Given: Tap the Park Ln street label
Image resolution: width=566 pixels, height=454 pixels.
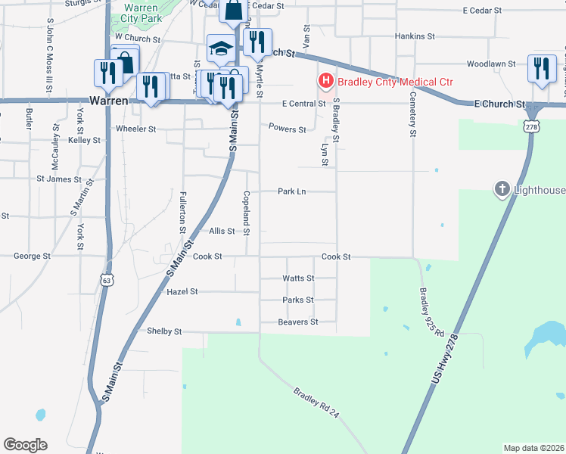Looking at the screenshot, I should pyautogui.click(x=291, y=192).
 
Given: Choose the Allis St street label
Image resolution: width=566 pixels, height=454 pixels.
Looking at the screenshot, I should pyautogui.click(x=222, y=231).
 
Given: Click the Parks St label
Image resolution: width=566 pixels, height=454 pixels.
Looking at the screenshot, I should pyautogui.click(x=297, y=300).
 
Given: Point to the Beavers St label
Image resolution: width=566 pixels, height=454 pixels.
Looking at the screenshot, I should pyautogui.click(x=297, y=322).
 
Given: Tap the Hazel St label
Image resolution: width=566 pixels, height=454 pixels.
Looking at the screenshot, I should pyautogui.click(x=182, y=291).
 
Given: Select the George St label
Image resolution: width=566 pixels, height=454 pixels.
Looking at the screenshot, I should pyautogui.click(x=32, y=257).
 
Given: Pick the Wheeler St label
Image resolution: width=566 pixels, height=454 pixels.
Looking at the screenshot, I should pyautogui.click(x=135, y=129).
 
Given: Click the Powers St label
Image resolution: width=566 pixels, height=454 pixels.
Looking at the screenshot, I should pyautogui.click(x=288, y=129).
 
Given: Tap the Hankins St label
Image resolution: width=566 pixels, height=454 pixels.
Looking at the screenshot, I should pyautogui.click(x=415, y=36).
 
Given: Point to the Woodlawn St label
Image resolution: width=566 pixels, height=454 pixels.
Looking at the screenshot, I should pyautogui.click(x=490, y=65).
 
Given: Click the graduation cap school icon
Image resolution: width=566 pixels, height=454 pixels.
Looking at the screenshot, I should pyautogui.click(x=220, y=49).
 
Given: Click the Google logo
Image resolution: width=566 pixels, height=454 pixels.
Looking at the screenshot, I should pyautogui.click(x=25, y=445).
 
